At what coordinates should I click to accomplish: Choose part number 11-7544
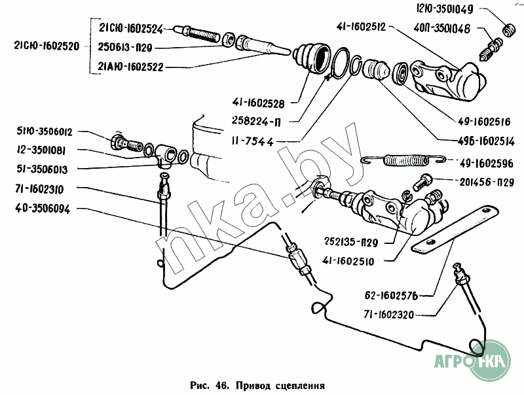(x=255, y=141)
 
